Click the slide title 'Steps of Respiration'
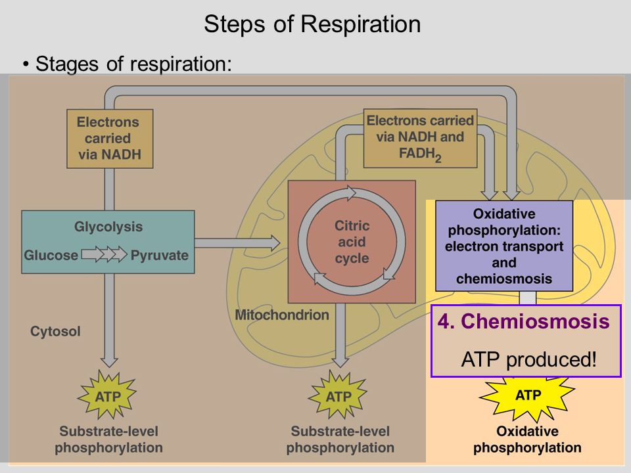click(x=312, y=24)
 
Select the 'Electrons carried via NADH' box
click(x=110, y=139)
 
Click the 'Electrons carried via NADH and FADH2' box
click(x=420, y=138)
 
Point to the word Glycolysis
click(x=108, y=227)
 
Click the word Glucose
click(x=51, y=255)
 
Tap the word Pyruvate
click(x=159, y=255)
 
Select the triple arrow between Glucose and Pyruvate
click(x=105, y=254)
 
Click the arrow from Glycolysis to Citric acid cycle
click(x=237, y=242)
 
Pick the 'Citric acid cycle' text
click(x=352, y=242)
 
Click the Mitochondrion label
click(x=282, y=315)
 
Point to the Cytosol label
click(x=55, y=331)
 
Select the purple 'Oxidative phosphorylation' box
click(x=504, y=246)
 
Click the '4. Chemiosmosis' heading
click(x=524, y=321)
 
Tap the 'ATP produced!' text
click(x=528, y=359)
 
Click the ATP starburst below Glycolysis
click(x=107, y=395)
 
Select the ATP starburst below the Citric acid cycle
click(x=338, y=395)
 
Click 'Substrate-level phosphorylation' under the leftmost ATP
click(x=108, y=439)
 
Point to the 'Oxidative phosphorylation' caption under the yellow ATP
click(x=527, y=439)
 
